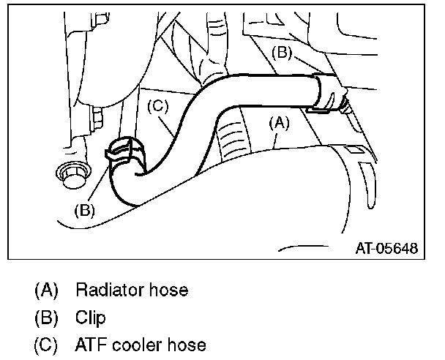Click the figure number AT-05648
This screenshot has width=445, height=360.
387,249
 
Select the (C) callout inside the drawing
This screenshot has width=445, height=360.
159,105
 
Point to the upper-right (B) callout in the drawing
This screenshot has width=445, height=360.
283,52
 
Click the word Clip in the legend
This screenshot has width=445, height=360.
90,318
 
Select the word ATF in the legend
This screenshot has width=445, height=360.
89,345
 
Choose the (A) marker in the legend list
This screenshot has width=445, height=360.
46,290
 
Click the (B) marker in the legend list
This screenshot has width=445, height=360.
46,318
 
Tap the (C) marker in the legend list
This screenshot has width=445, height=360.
46,345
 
